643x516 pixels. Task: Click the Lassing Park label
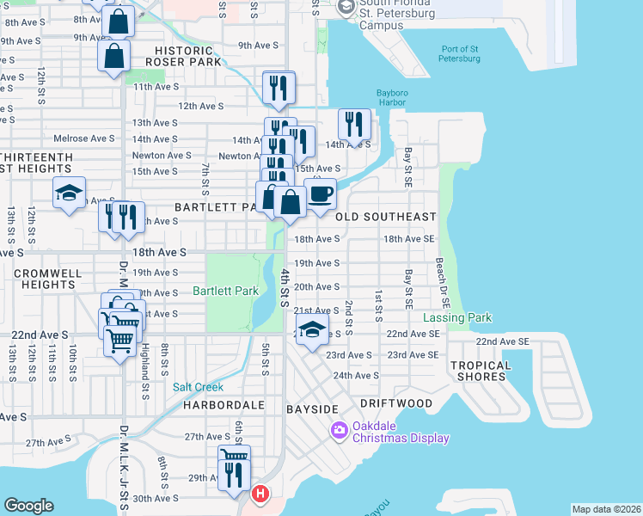point(457,317)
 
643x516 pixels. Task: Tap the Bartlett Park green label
point(225,291)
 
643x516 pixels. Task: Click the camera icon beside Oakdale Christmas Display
point(340,428)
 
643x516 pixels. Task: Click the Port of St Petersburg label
point(460,53)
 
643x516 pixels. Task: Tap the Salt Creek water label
point(198,387)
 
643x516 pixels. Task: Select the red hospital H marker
point(260,495)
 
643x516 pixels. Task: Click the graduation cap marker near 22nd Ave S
point(312,329)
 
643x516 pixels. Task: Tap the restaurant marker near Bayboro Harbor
point(354,124)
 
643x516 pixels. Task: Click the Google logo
point(28,506)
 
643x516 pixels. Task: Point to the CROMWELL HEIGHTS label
point(47,279)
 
